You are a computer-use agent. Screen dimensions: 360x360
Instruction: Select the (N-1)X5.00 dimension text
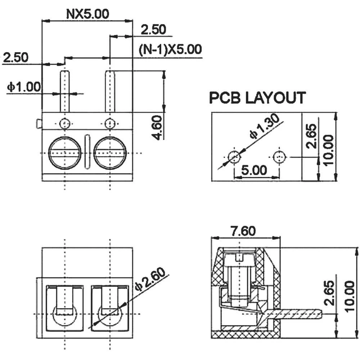pyautogui.click(x=170, y=49)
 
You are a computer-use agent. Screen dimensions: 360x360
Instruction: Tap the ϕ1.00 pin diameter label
pyautogui.click(x=24, y=87)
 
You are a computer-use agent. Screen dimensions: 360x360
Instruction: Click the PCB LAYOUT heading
pyautogui.click(x=258, y=98)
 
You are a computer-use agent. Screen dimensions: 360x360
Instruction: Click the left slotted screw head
pyautogui.click(x=64, y=153)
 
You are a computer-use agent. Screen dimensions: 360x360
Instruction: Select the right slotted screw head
pyautogui.click(x=110, y=153)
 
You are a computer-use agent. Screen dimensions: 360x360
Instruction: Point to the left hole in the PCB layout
pyautogui.click(x=234, y=157)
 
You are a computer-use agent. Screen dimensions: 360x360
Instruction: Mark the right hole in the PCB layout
pyautogui.click(x=279, y=157)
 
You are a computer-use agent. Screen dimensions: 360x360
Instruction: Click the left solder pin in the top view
pyautogui.click(x=64, y=91)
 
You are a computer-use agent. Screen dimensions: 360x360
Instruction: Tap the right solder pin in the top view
pyautogui.click(x=110, y=91)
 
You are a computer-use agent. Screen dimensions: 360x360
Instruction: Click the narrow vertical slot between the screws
pyautogui.click(x=87, y=152)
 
